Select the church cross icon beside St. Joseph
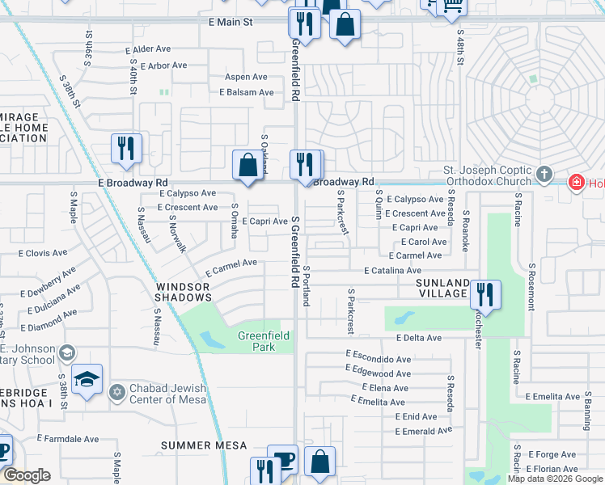coord(544,174)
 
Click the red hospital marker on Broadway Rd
coord(576,183)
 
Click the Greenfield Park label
coord(256,342)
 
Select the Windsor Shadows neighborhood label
coord(183,292)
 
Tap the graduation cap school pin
coord(87,379)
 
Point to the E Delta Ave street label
coord(418,338)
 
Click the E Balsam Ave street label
coord(247,93)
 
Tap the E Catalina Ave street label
coord(392,271)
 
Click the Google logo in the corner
coord(27,474)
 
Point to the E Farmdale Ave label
coord(69,437)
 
